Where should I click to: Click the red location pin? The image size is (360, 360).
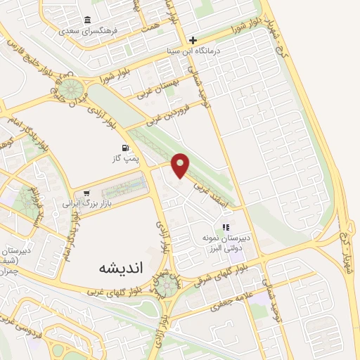[x=181, y=165]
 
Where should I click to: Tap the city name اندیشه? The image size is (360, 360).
[x=117, y=268]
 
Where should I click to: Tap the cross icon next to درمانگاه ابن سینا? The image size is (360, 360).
[x=193, y=40]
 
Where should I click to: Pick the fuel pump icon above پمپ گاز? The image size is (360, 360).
[x=125, y=148]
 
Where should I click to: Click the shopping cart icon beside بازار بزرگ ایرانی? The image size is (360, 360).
[x=86, y=193]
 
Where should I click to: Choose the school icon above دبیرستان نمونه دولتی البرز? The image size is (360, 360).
[x=226, y=227]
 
